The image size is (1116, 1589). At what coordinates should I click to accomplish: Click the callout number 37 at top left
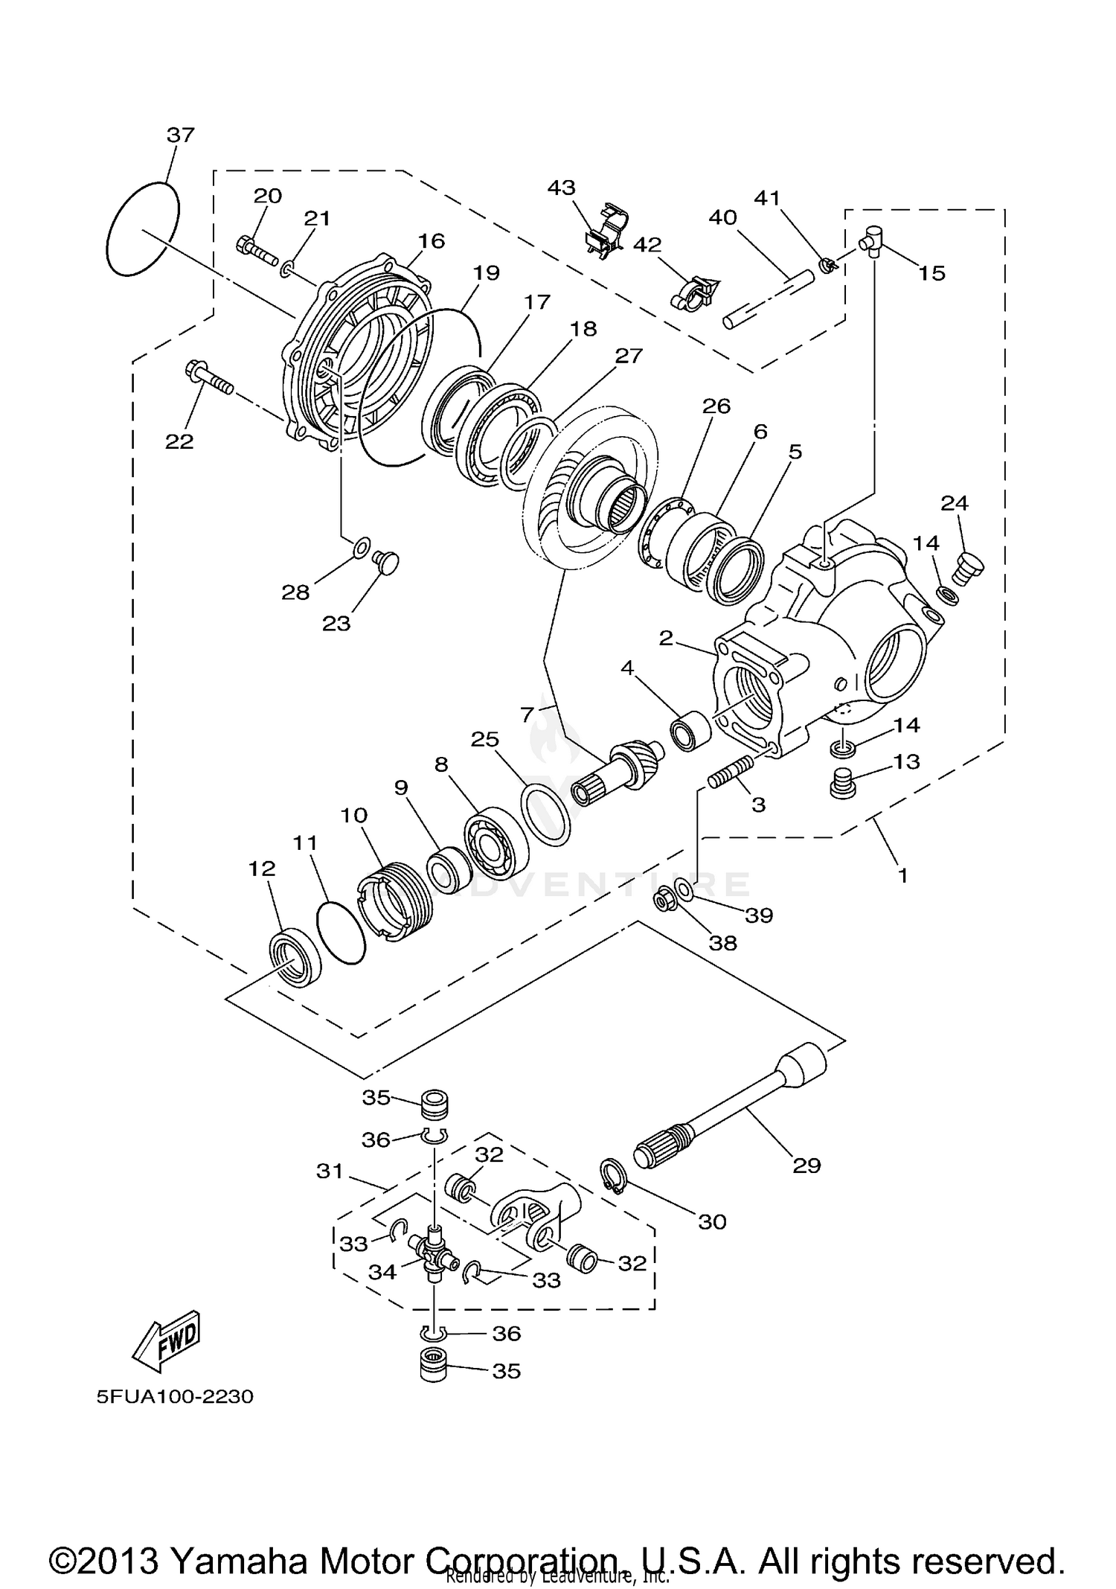pyautogui.click(x=180, y=135)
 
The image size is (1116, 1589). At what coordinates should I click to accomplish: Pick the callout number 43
pyautogui.click(x=562, y=187)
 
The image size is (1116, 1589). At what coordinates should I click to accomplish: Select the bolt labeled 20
pyautogui.click(x=256, y=249)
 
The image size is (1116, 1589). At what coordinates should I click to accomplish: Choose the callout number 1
pyautogui.click(x=902, y=876)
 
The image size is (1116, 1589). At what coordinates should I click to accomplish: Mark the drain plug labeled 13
pyautogui.click(x=842, y=785)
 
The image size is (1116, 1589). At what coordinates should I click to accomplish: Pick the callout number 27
pyautogui.click(x=628, y=356)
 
